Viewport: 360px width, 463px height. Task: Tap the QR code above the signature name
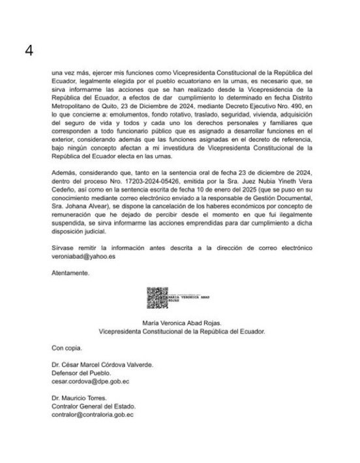point(157,298)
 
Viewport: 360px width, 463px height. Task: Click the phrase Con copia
point(67,348)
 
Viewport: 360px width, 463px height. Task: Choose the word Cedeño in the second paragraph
point(63,200)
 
